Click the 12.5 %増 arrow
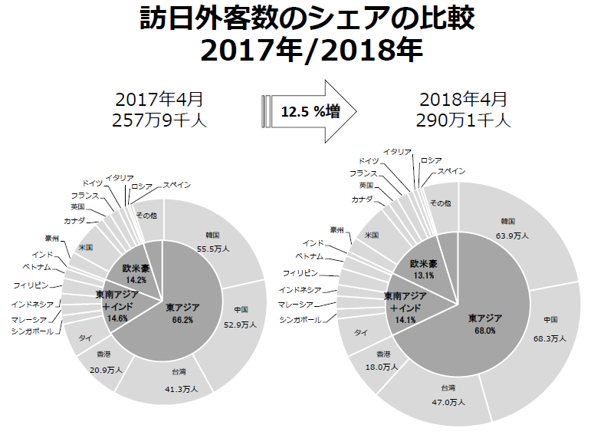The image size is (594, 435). point(310,111)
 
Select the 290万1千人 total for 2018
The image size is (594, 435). point(464,120)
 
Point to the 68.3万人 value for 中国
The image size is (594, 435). point(550,338)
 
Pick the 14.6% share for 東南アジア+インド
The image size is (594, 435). point(117,317)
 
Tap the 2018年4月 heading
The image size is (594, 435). point(464,99)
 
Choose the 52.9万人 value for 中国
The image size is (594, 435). point(243,325)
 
